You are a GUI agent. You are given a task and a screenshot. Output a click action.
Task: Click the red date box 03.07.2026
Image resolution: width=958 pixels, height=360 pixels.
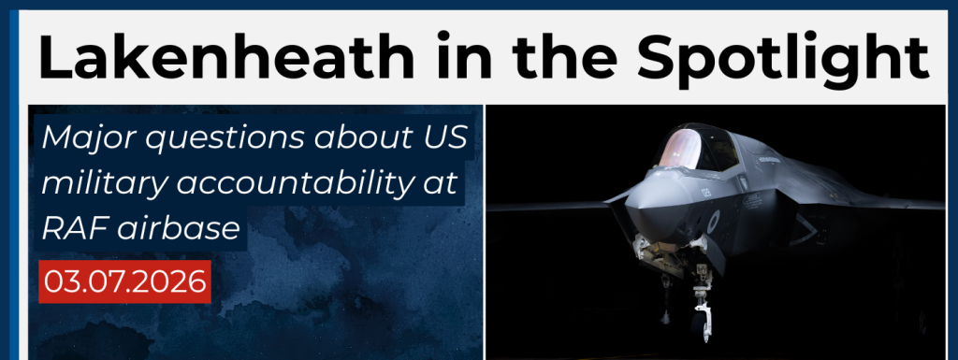(x=124, y=281)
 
